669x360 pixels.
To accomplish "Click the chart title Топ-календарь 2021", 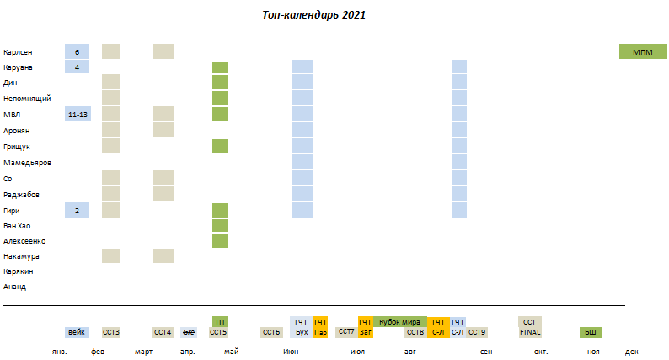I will (x=313, y=15).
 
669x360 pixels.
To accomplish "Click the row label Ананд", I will (x=14, y=287).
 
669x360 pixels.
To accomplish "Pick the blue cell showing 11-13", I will (x=77, y=114).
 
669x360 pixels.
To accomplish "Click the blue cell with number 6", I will (x=77, y=52).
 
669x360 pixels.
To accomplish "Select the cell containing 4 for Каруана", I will (x=77, y=67).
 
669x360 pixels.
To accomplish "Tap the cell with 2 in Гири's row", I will (x=77, y=211).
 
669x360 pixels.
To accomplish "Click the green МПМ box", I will (x=643, y=52).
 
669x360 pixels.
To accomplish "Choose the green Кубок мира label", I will (x=399, y=322).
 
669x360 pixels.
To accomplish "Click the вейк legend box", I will (x=77, y=332).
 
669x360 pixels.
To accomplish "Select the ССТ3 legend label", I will (x=111, y=332).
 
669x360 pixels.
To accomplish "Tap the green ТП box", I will (x=219, y=322).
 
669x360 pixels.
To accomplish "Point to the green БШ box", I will (x=591, y=332).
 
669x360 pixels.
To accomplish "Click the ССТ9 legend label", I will (x=477, y=332).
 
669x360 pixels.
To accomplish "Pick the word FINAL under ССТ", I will (x=529, y=332).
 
